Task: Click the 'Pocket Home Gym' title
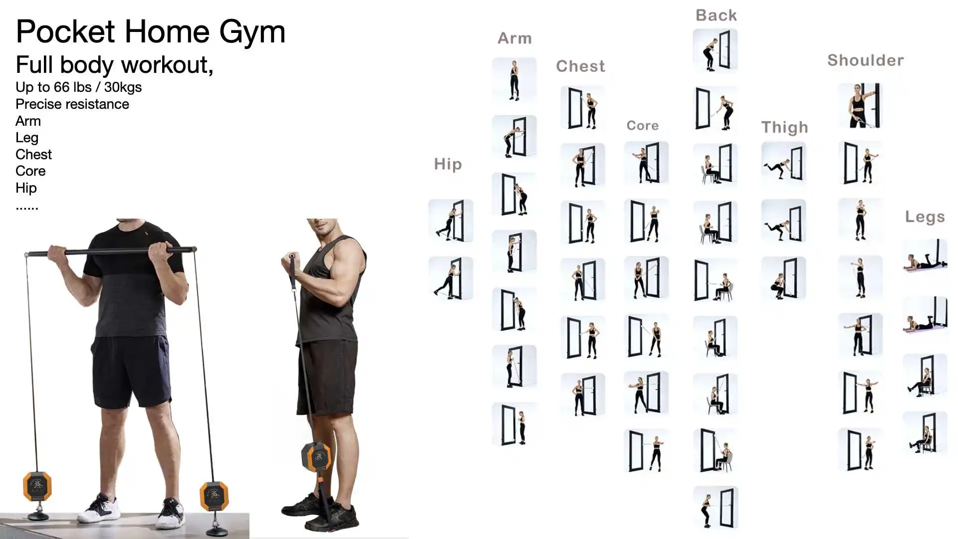tap(150, 32)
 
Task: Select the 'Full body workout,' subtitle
tap(114, 65)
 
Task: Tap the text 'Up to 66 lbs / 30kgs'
tap(78, 87)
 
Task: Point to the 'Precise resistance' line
tap(72, 104)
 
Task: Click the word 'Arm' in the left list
tap(28, 121)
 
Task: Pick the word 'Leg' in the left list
tap(27, 138)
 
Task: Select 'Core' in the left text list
tap(30, 171)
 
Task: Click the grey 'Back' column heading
tap(716, 15)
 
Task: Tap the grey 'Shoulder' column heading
tap(865, 60)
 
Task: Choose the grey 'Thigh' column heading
tap(784, 128)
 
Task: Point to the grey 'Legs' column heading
tap(925, 217)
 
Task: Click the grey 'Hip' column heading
tap(448, 164)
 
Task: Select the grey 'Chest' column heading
tap(580, 66)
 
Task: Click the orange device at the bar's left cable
tap(37, 486)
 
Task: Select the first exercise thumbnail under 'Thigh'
tap(784, 164)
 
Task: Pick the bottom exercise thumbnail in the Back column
tap(716, 508)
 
